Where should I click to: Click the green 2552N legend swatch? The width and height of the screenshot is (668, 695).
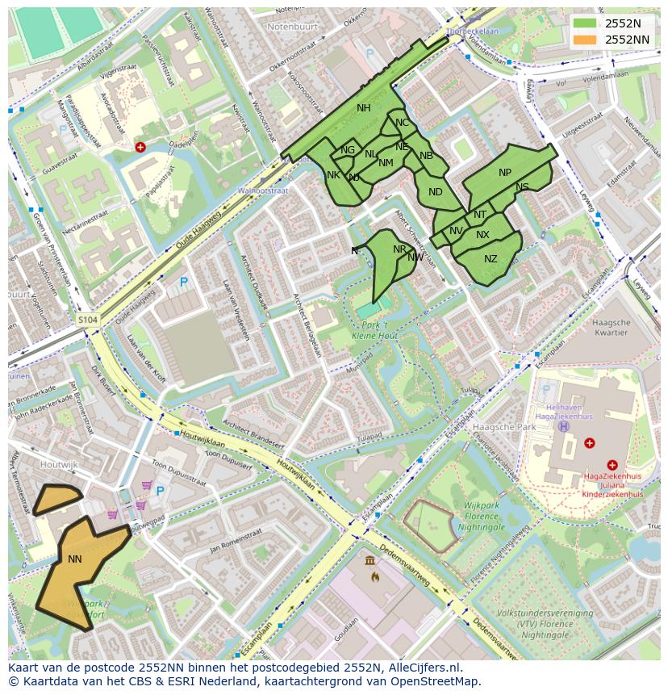585,23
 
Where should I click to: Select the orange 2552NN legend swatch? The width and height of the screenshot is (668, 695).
585,40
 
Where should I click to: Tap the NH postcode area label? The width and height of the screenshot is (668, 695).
364,108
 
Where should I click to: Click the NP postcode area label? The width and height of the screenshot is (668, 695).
505,173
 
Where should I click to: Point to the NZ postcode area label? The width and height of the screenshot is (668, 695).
491,259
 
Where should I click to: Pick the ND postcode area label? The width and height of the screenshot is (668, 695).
436,192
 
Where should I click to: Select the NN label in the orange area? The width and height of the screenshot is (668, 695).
75,559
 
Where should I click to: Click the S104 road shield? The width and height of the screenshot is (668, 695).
88,320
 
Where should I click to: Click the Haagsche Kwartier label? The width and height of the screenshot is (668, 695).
610,327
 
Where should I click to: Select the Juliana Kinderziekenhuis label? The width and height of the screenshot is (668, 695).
612,489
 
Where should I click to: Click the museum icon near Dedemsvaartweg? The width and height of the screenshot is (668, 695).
369,561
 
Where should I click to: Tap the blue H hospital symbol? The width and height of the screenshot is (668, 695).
564,426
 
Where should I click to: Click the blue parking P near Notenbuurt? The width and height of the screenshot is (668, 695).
370,52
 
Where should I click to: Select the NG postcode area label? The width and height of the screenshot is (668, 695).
348,150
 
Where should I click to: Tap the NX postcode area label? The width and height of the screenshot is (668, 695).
482,235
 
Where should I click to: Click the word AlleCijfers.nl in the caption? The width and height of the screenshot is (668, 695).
422,668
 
